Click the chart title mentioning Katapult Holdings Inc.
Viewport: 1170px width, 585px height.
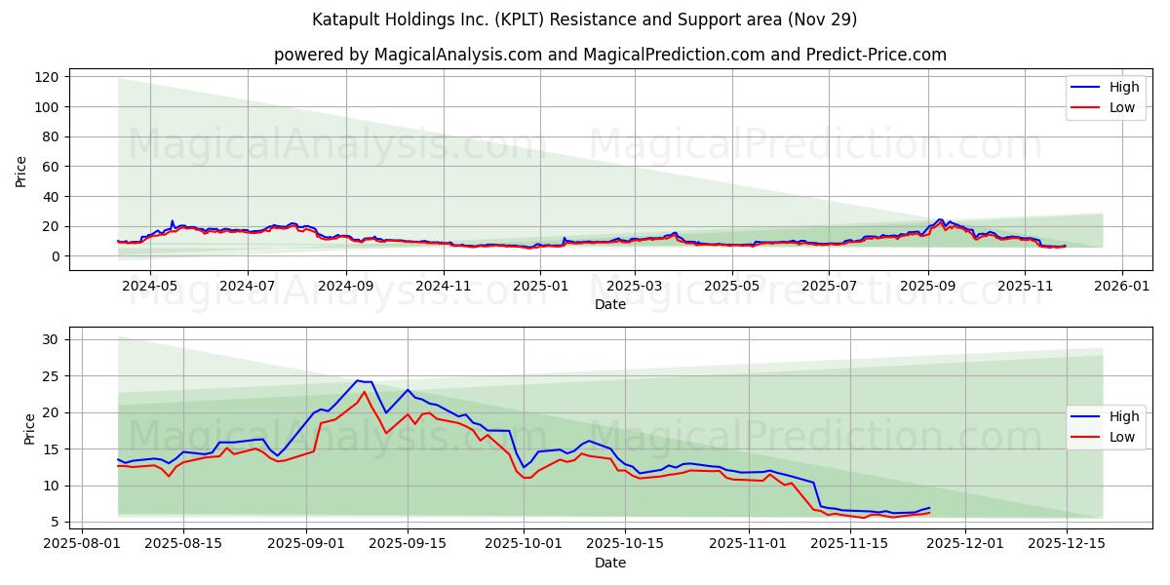tap(585, 19)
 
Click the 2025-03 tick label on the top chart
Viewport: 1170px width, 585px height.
tap(635, 287)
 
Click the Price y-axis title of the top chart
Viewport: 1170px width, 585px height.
tap(21, 172)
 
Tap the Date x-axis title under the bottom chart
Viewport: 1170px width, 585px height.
tap(610, 564)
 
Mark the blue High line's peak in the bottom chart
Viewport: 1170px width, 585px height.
tap(358, 380)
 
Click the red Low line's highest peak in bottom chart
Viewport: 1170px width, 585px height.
tap(365, 392)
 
